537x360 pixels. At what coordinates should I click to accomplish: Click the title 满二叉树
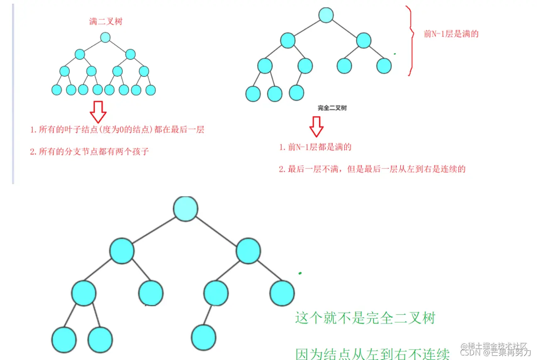pyautogui.click(x=106, y=22)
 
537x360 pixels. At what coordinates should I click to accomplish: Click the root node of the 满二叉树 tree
pyautogui.click(x=105, y=37)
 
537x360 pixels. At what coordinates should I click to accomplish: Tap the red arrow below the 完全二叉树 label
pyautogui.click(x=316, y=126)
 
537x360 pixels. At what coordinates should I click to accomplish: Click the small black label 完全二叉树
pyautogui.click(x=332, y=108)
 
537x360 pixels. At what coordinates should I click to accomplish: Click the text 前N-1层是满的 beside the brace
pyautogui.click(x=451, y=34)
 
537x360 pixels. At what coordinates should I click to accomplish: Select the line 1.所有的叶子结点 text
pyautogui.click(x=117, y=130)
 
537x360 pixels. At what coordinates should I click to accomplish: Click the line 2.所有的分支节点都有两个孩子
pyautogui.click(x=89, y=152)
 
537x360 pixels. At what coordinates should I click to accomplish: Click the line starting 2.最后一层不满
pyautogui.click(x=372, y=169)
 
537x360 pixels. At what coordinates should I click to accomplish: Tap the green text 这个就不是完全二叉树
pyautogui.click(x=365, y=319)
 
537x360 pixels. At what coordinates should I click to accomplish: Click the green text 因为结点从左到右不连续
pyautogui.click(x=372, y=354)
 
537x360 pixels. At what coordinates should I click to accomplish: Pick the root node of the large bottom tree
pyautogui.click(x=186, y=208)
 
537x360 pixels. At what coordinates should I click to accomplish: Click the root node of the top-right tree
pyautogui.click(x=326, y=15)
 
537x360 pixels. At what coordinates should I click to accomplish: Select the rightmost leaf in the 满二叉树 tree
pyautogui.click(x=150, y=90)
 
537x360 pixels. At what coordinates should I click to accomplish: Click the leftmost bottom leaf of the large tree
pyautogui.click(x=64, y=339)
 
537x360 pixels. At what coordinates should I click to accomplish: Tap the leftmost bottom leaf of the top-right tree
pyautogui.click(x=253, y=94)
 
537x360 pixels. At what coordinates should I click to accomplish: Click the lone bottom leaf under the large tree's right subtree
pyautogui.click(x=204, y=337)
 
